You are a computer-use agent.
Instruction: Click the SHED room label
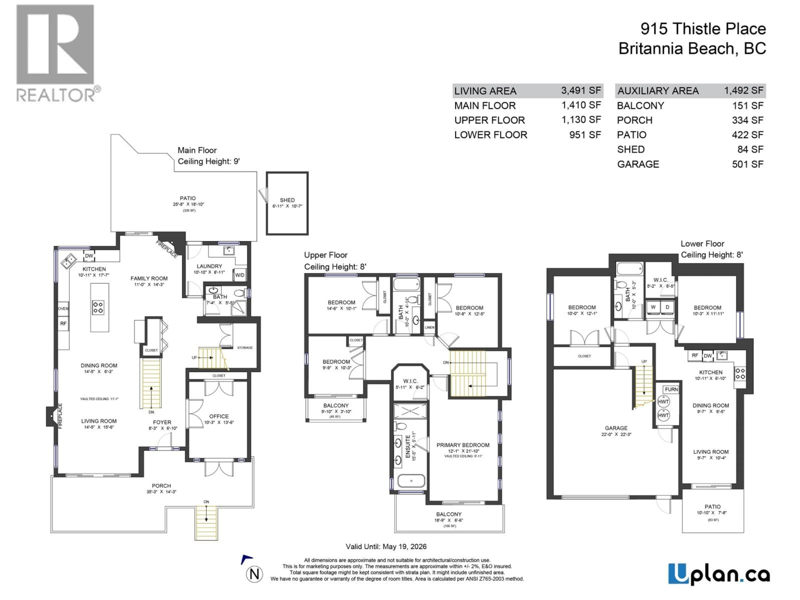[287, 200]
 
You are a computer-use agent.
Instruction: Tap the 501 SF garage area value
[747, 164]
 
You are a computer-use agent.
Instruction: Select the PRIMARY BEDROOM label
[462, 445]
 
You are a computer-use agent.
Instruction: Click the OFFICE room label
[219, 416]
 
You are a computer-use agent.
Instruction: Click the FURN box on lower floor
[671, 390]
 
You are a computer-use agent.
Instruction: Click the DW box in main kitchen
[89, 256]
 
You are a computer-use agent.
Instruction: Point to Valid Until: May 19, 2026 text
[386, 546]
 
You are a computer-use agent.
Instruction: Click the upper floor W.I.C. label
[410, 381]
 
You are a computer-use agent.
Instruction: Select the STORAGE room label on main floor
[245, 347]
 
